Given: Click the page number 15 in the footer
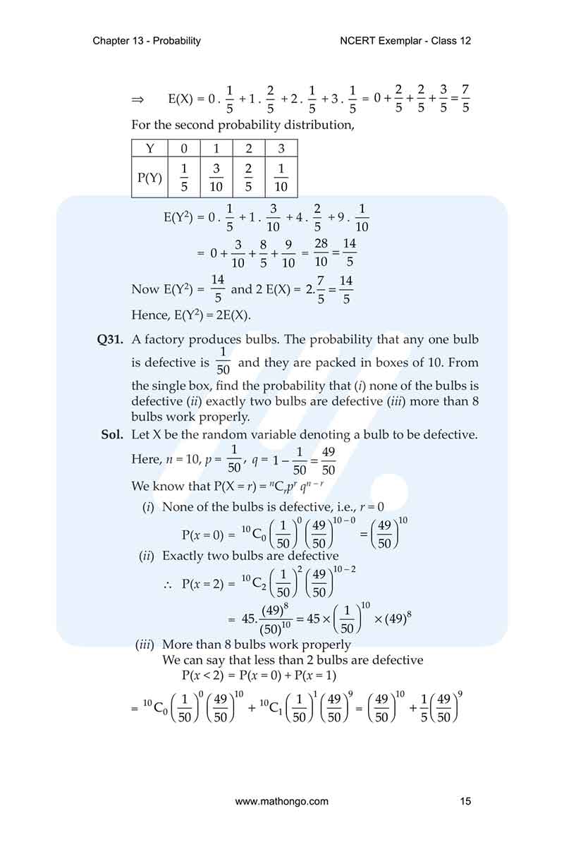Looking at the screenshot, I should point(465,801).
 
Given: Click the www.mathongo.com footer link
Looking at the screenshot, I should point(281,801).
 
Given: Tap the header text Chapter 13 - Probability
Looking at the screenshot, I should point(147,41).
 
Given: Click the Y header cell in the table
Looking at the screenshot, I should point(149,149).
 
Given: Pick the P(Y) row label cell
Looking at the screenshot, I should point(149,178).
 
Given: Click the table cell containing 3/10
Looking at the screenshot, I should point(216,178).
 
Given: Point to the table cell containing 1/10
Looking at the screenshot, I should point(281,178).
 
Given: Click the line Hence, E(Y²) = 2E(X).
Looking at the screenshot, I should point(191,315).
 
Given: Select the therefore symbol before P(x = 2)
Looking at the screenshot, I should point(168,584).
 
